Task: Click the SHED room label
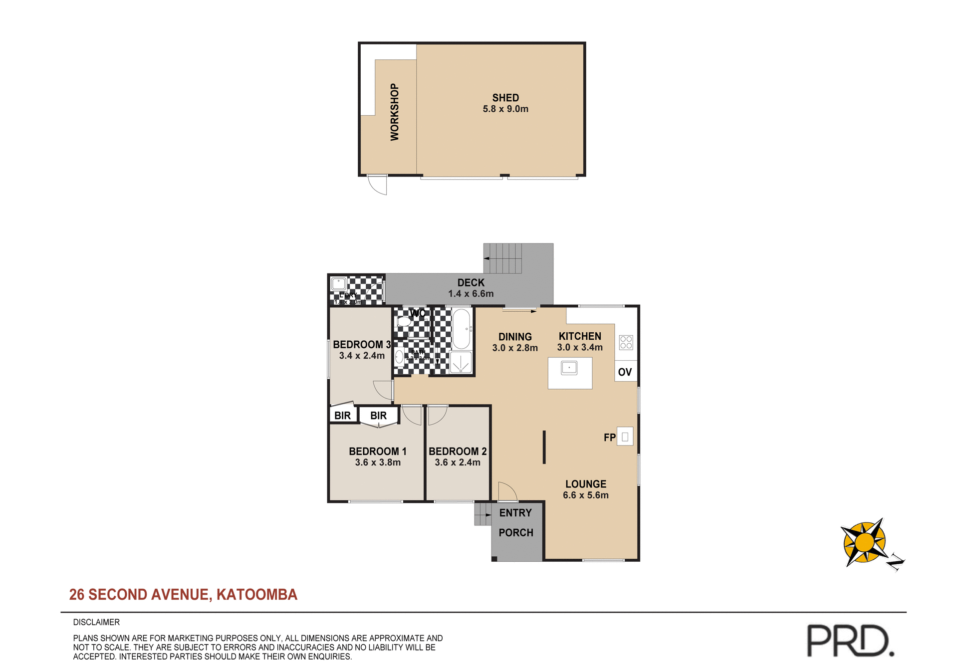505,98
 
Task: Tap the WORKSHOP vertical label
395,112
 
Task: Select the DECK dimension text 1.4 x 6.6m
471,294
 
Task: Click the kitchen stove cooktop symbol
626,342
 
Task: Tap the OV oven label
625,372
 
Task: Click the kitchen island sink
569,368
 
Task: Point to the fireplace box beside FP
625,437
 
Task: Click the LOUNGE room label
586,484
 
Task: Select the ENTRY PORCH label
516,522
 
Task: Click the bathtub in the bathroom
461,329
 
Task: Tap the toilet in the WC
404,322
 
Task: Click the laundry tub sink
339,284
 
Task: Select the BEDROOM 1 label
378,451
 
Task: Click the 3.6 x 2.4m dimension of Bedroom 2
458,462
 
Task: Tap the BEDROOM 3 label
361,344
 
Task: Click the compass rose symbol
865,543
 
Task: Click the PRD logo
850,641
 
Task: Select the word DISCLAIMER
96,622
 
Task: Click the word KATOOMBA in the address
256,594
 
